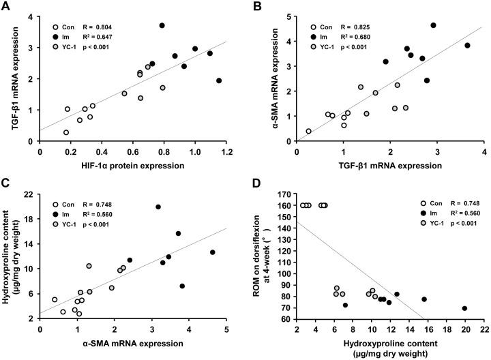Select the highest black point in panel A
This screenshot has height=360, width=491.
click(x=162, y=25)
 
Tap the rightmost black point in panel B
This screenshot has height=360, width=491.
click(x=468, y=46)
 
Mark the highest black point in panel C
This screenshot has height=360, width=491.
click(x=158, y=207)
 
